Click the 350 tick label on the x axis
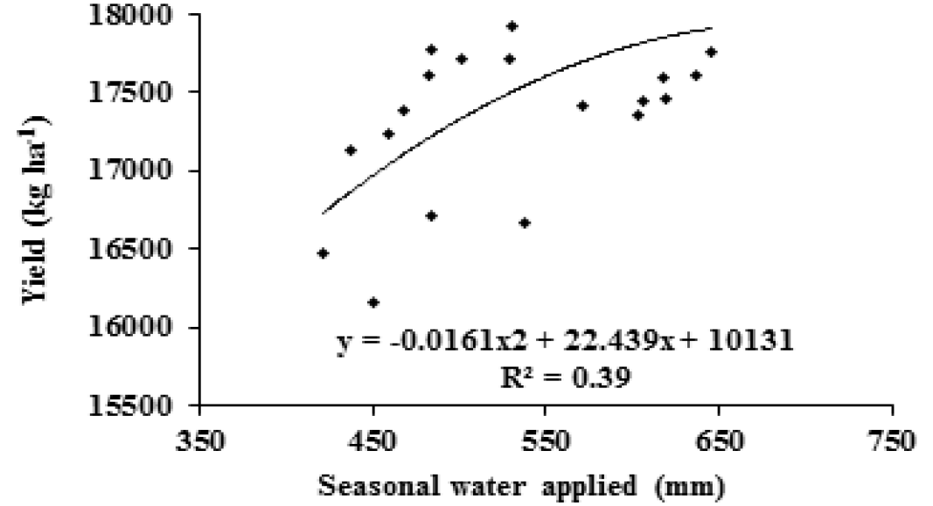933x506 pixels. point(200,442)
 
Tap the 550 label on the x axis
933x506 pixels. point(546,442)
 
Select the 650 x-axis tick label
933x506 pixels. point(719,442)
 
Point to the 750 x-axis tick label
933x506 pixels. point(890,442)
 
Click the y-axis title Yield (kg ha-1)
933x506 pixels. point(37,208)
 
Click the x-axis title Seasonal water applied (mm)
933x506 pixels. point(522,487)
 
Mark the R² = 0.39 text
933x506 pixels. point(565,377)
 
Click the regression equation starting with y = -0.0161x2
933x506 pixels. point(565,342)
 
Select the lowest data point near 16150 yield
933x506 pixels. point(373,302)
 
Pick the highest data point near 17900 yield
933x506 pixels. point(512,26)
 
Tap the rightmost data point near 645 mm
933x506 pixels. point(711,52)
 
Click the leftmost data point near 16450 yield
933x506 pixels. point(323,253)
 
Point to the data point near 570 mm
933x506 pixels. point(582,106)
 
